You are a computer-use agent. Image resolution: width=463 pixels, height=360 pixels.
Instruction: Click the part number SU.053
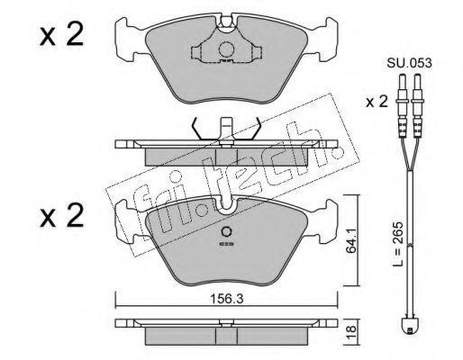coord(409,63)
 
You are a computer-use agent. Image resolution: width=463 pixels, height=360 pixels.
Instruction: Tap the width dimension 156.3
coord(227,299)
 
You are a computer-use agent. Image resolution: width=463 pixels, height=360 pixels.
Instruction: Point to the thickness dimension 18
coord(352,332)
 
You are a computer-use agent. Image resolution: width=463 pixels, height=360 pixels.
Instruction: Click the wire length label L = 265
coord(399,245)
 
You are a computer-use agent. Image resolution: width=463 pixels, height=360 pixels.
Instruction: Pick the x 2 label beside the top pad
coord(61,36)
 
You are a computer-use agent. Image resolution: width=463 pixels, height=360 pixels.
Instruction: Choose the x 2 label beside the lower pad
coord(61,215)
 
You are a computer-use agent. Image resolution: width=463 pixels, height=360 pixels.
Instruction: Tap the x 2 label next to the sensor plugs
coord(377,102)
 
